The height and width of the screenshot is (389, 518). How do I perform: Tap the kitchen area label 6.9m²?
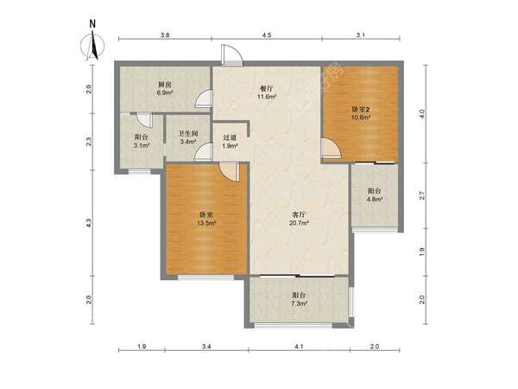(165, 92)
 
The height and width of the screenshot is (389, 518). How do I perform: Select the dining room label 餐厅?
(267, 89)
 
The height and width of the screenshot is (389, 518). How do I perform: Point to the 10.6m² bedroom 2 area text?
(360, 117)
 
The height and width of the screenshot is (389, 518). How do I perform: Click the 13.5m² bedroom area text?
(206, 223)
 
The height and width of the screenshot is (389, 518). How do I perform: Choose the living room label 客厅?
(299, 215)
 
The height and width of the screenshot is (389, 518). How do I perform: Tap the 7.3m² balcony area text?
(300, 303)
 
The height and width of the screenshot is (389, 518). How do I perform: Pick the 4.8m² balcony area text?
(375, 199)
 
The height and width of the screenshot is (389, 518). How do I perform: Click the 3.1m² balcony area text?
(142, 145)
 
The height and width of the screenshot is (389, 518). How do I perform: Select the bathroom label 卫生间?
(188, 134)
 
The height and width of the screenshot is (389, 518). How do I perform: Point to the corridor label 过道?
(230, 137)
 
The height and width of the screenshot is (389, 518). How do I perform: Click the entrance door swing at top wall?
(232, 54)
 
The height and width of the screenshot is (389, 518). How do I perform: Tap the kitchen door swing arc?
(203, 99)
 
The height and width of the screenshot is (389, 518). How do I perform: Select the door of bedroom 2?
(330, 147)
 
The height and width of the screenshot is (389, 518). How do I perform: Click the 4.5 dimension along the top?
(267, 35)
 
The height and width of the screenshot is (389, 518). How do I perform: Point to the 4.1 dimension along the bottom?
(299, 347)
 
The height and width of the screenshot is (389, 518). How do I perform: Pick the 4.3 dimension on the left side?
(89, 223)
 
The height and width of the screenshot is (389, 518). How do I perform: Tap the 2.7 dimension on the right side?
(422, 195)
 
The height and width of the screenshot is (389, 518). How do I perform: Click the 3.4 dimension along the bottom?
(206, 347)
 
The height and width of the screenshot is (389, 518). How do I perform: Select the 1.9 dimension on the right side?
(422, 252)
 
